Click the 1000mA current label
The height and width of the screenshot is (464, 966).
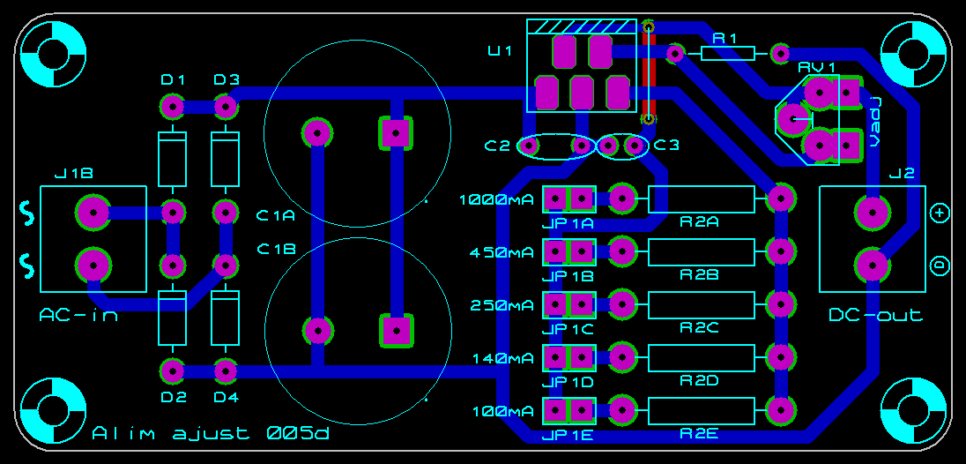(496, 199)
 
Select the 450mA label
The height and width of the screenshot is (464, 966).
(502, 252)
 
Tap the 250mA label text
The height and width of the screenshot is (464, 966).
(502, 305)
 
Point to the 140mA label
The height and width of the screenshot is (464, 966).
(502, 358)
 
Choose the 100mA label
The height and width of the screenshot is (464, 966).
(502, 411)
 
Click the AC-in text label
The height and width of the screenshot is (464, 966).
(78, 315)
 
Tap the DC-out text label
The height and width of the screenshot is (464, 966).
(875, 315)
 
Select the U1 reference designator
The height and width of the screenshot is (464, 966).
(500, 50)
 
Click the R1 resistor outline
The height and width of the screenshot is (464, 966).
(728, 54)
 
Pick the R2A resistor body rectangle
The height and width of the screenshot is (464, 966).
(702, 199)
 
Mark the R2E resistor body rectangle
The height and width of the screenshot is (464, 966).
(702, 411)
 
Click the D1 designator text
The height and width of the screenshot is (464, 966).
(173, 80)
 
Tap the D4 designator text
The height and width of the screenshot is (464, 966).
(227, 396)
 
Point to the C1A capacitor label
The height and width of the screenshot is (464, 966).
(276, 214)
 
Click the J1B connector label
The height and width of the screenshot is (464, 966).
(74, 174)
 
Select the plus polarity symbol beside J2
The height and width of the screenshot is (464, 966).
(939, 213)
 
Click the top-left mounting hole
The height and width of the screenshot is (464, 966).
(53, 52)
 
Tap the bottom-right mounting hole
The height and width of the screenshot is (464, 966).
(913, 412)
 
